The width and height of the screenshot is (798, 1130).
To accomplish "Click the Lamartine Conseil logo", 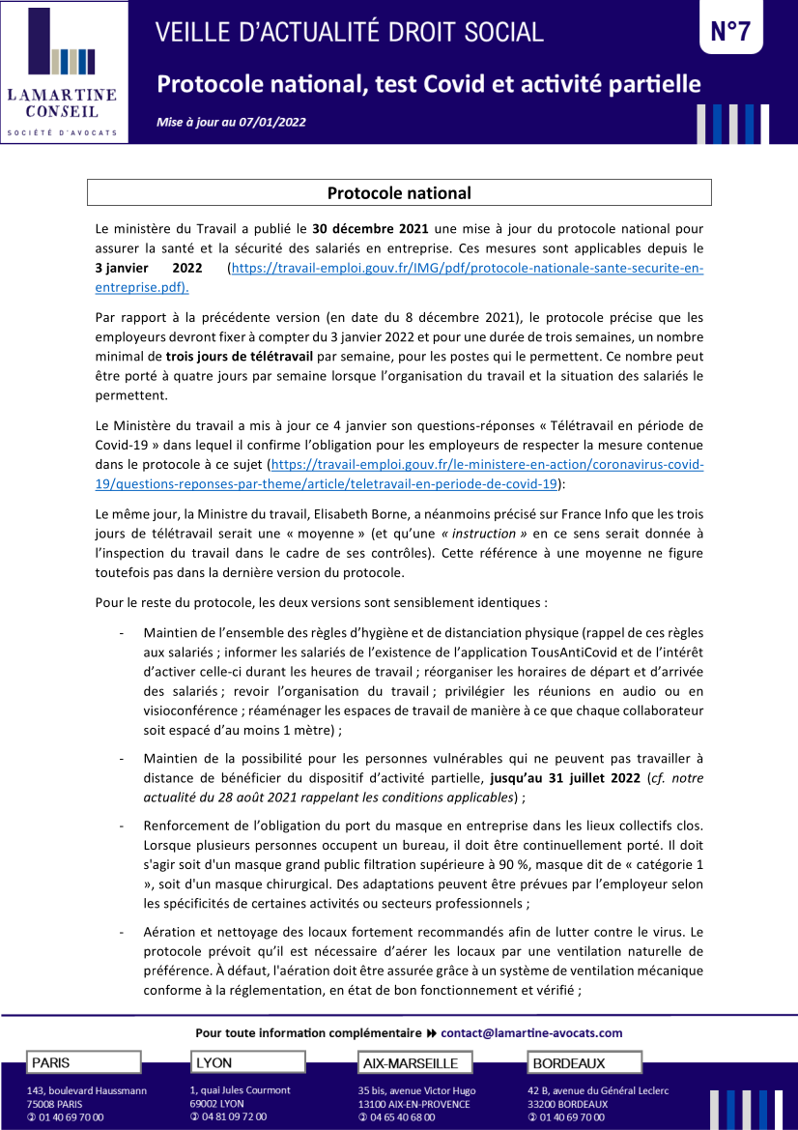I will (64, 72).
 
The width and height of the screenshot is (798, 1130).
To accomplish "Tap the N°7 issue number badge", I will (730, 32).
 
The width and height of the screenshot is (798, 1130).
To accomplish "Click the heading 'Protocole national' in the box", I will (399, 193).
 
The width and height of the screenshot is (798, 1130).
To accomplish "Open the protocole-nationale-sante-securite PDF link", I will (464, 268).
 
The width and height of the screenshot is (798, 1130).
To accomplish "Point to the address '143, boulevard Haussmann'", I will (87, 1090).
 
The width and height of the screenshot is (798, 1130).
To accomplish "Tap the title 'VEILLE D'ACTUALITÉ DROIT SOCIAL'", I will (350, 32).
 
